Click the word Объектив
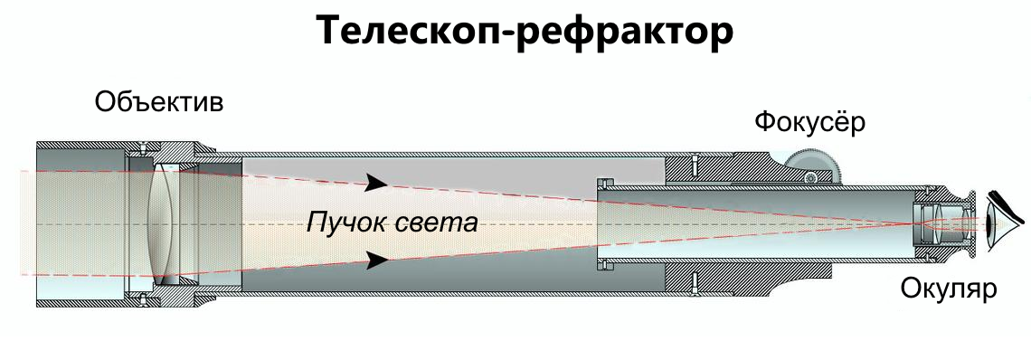click(x=158, y=101)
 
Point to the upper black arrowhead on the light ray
click(x=375, y=185)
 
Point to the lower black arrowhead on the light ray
click(x=375, y=261)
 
